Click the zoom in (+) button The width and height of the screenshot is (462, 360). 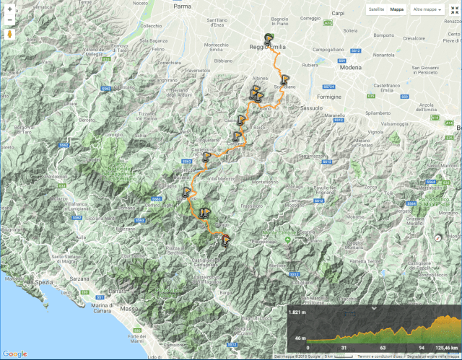click(9, 9)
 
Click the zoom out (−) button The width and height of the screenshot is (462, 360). click(9, 21)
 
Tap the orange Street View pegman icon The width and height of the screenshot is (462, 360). click(9, 35)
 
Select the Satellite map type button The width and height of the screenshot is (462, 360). click(376, 10)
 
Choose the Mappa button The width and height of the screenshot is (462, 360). click(397, 10)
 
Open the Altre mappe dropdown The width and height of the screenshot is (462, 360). click(427, 10)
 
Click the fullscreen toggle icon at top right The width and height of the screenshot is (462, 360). click(453, 10)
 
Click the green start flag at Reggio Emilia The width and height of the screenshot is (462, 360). click(269, 39)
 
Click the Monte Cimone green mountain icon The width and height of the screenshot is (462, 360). click(287, 243)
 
